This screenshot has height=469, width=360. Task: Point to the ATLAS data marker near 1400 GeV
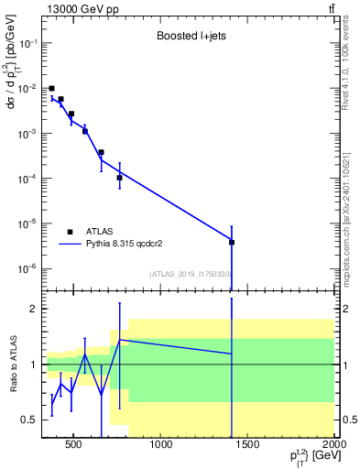232,242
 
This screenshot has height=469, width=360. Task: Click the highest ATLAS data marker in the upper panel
51,88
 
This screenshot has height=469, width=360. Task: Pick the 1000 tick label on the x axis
162,447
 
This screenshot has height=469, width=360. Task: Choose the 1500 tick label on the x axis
249,447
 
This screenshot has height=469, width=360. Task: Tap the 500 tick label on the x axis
76,447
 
